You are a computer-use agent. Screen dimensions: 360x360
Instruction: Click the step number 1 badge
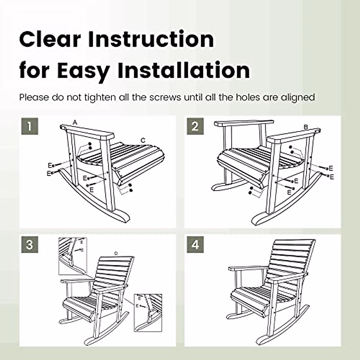pyautogui.click(x=30, y=126)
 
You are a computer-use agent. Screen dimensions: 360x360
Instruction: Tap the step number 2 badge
pyautogui.click(x=195, y=126)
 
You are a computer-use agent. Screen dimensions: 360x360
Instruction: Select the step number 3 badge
pyautogui.click(x=30, y=245)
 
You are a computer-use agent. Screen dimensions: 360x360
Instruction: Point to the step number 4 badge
pyautogui.click(x=195, y=245)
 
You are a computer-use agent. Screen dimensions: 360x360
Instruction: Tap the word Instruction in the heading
pyautogui.click(x=151, y=39)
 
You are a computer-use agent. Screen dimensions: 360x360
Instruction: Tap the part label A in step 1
pyautogui.click(x=75, y=122)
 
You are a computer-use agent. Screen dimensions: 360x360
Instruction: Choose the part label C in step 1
pyautogui.click(x=143, y=140)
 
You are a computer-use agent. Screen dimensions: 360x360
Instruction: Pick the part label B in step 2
pyautogui.click(x=306, y=127)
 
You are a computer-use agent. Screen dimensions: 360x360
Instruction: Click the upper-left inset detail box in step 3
pyautogui.click(x=72, y=256)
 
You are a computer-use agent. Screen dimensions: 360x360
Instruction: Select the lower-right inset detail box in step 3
pyautogui.click(x=148, y=313)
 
